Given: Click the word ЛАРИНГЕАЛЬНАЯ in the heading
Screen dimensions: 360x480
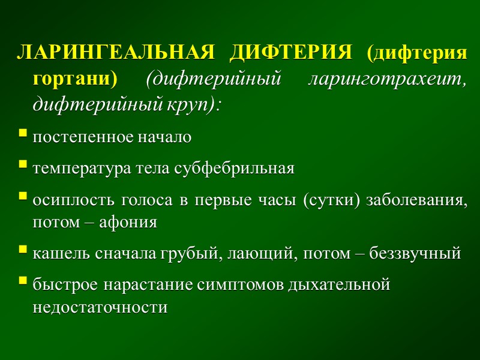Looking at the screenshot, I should [115, 53].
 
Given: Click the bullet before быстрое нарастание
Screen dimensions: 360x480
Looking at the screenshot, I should [23, 280].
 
